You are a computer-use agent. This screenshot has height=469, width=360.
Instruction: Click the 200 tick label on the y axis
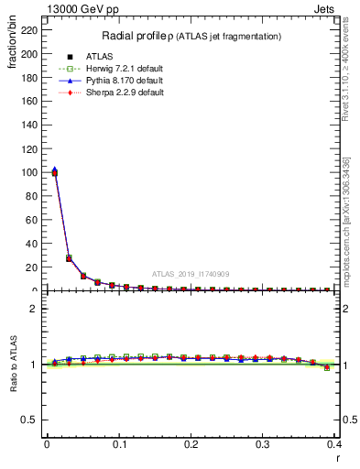[x=29, y=54]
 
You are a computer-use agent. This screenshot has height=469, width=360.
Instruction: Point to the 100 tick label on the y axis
[x=29, y=172]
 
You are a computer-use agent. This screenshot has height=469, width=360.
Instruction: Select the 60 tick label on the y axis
[x=32, y=220]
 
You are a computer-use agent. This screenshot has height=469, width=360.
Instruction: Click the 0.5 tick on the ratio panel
[x=30, y=420]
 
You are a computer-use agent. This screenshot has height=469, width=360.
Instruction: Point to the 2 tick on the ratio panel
[x=35, y=309]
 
